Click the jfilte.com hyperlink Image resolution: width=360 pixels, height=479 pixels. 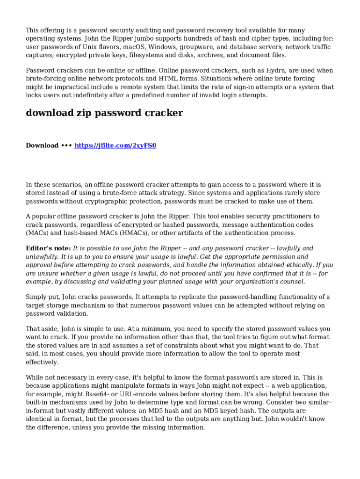tap(115, 145)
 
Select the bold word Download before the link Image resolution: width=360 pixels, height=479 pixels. tap(42, 145)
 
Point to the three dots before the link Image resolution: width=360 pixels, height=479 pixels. tap(66, 145)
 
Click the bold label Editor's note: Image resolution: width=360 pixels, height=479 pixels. tap(48, 248)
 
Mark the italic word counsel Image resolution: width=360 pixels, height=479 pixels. tap(293, 281)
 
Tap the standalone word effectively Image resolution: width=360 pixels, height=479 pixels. tap(42, 362)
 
